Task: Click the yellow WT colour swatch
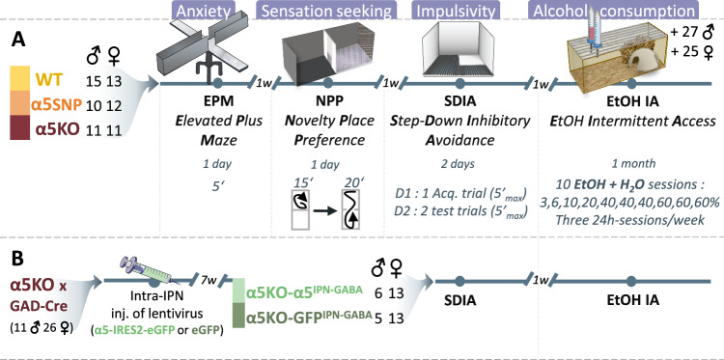click(19, 77)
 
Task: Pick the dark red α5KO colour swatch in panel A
click(19, 127)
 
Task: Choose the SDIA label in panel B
click(459, 301)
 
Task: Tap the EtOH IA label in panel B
click(632, 301)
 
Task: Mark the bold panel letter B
click(17, 259)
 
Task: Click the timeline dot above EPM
click(217, 84)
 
